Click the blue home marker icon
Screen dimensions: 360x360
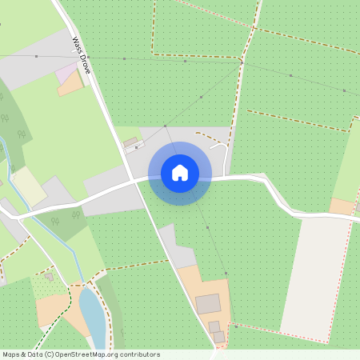click(x=179, y=173)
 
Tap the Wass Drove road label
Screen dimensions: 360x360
click(x=82, y=55)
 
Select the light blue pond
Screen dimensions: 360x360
click(x=92, y=314)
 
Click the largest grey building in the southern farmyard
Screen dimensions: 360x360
click(x=208, y=304)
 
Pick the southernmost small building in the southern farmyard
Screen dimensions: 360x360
click(x=218, y=338)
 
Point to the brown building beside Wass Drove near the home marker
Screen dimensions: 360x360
click(x=130, y=142)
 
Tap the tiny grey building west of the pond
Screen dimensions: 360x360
click(x=50, y=277)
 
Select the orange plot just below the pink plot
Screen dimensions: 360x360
click(x=70, y=85)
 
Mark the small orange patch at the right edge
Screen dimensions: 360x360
click(x=342, y=206)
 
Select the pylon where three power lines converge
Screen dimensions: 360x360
click(x=241, y=61)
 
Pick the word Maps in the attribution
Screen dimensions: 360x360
click(x=11, y=354)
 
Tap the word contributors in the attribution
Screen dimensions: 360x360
click(x=139, y=354)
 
